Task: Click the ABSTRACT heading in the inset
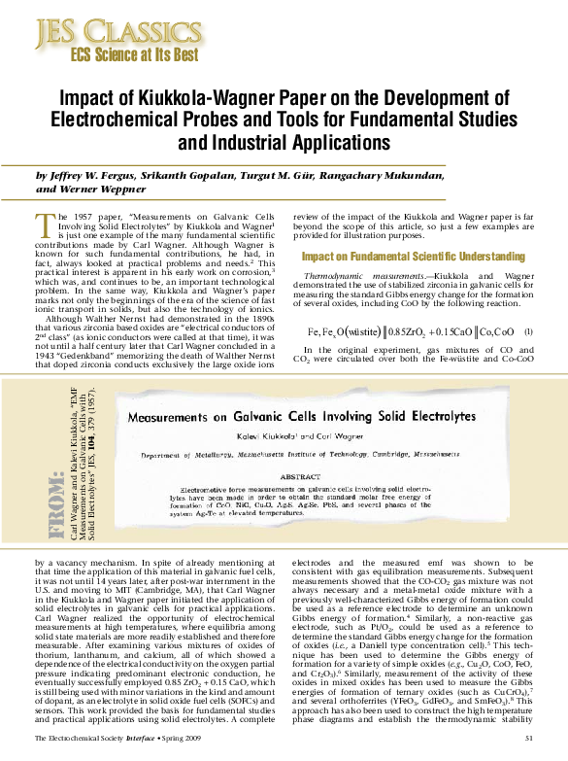(x=315, y=478)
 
